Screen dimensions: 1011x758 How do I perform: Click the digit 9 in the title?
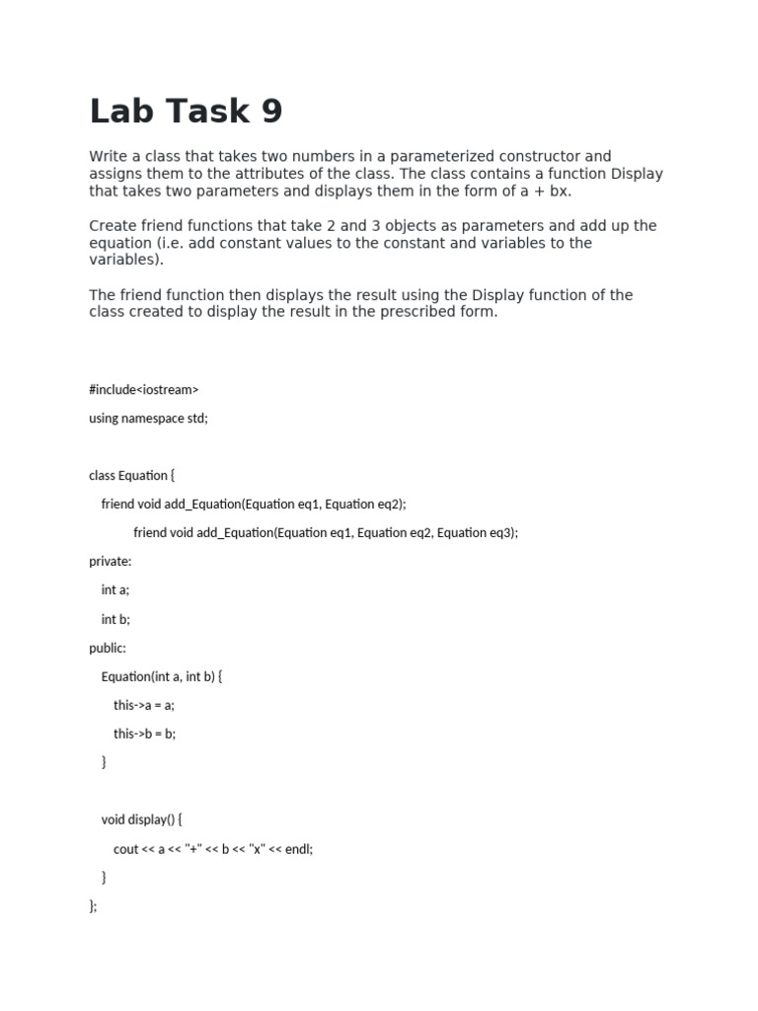(271, 112)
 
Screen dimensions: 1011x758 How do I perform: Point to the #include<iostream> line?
(144, 390)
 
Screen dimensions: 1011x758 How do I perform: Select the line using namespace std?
(148, 419)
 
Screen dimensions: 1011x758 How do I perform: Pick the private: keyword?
(110, 562)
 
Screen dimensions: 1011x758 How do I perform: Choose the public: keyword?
(108, 648)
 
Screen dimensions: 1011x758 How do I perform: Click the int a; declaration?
(115, 590)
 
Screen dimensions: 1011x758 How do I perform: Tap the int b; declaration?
(115, 619)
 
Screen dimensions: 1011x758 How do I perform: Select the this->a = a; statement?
(144, 705)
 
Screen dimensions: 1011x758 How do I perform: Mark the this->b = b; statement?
(144, 734)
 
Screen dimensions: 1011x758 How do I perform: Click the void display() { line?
(142, 819)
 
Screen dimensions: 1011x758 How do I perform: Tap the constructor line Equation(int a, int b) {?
(163, 676)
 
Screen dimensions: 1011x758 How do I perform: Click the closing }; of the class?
(93, 905)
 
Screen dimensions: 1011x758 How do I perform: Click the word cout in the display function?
(126, 848)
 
